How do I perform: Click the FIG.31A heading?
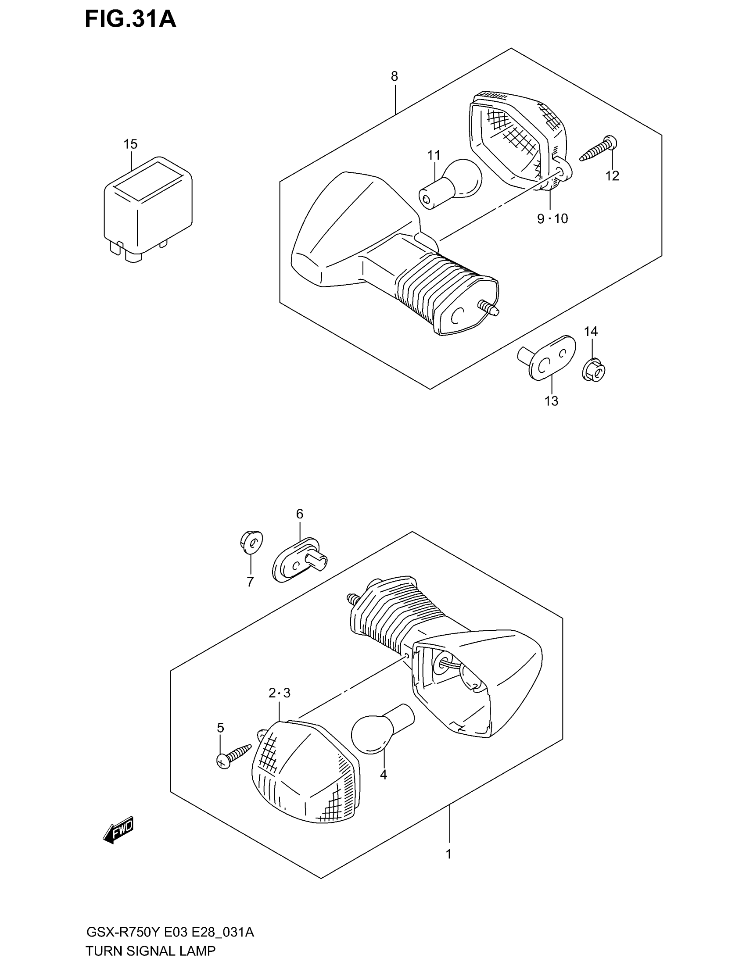point(130,20)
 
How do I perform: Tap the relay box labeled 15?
point(147,207)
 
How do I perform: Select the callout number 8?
point(394,76)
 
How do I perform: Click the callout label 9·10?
point(552,218)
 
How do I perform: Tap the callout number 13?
point(552,401)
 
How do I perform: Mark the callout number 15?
point(130,144)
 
